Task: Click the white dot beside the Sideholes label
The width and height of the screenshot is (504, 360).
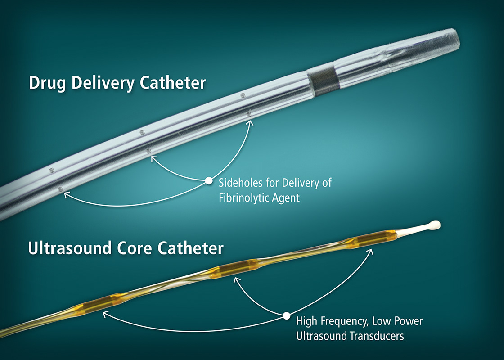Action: pos(208,180)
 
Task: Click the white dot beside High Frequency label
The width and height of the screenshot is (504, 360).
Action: pos(286,315)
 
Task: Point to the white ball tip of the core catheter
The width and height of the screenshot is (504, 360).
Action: pos(435,224)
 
